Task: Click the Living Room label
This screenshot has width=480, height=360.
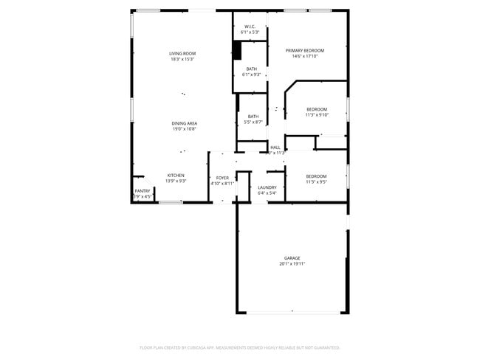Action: click(x=182, y=53)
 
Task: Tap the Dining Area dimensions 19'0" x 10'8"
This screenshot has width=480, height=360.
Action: click(x=184, y=129)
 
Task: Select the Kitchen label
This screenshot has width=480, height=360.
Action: click(x=176, y=175)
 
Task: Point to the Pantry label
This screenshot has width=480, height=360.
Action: click(x=143, y=191)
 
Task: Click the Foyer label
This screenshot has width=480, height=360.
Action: click(x=222, y=178)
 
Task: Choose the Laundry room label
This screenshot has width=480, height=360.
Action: click(x=267, y=187)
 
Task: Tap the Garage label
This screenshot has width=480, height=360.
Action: click(x=292, y=258)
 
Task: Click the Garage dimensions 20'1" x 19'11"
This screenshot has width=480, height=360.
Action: click(x=292, y=264)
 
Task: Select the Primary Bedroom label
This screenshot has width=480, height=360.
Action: click(x=305, y=50)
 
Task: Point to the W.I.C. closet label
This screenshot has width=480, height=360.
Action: click(x=250, y=27)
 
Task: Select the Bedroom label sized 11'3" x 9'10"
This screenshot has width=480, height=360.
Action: click(x=317, y=109)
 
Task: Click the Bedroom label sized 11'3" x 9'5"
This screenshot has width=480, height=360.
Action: click(x=317, y=175)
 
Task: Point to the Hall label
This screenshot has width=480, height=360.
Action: click(x=275, y=148)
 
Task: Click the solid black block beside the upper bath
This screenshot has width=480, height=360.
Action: click(x=237, y=49)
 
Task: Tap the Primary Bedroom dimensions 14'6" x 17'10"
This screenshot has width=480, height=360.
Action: click(x=305, y=56)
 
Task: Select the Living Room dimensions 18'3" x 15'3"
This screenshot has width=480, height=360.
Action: click(x=182, y=59)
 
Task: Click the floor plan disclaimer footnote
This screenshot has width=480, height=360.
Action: click(x=239, y=347)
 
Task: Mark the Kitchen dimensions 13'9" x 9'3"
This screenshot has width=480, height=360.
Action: click(x=176, y=181)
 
